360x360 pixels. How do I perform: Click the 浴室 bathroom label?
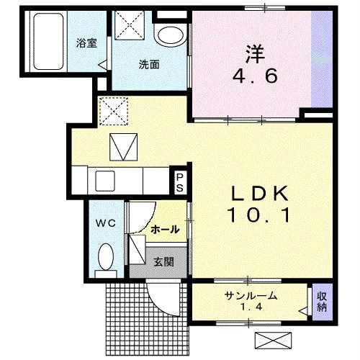point(86,42)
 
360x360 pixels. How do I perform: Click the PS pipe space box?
point(179,181)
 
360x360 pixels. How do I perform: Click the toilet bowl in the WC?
point(107,256)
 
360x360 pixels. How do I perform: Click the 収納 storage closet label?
point(321,302)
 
